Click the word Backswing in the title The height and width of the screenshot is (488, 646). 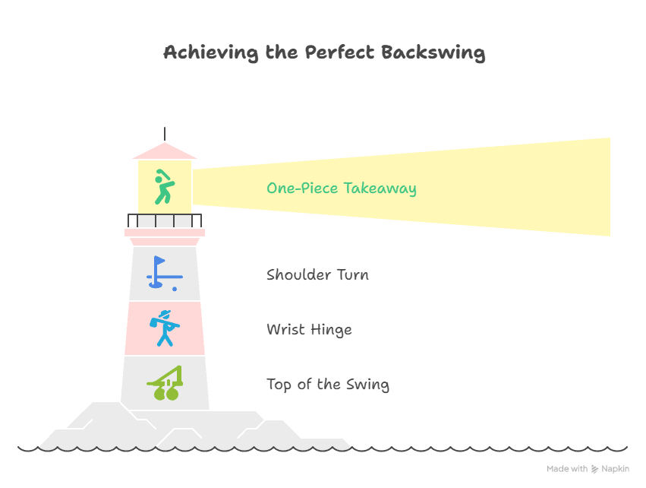[x=433, y=53]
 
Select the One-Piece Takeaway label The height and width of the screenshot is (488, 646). [x=341, y=188]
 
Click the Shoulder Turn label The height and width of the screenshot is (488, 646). [x=317, y=274]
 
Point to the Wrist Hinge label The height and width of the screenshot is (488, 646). [x=309, y=329]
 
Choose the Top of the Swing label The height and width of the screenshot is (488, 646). [x=328, y=384]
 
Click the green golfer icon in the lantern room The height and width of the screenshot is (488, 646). [x=163, y=187]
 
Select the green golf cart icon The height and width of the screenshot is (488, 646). [x=166, y=383]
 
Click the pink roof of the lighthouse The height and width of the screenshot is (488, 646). [x=165, y=151]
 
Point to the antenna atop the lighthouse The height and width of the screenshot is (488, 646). [x=165, y=133]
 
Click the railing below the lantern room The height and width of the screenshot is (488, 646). [x=165, y=220]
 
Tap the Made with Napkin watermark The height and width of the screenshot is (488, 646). [x=588, y=470]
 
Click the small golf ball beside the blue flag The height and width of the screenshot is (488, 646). [x=175, y=289]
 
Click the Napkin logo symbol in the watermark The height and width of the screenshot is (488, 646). [x=595, y=470]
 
